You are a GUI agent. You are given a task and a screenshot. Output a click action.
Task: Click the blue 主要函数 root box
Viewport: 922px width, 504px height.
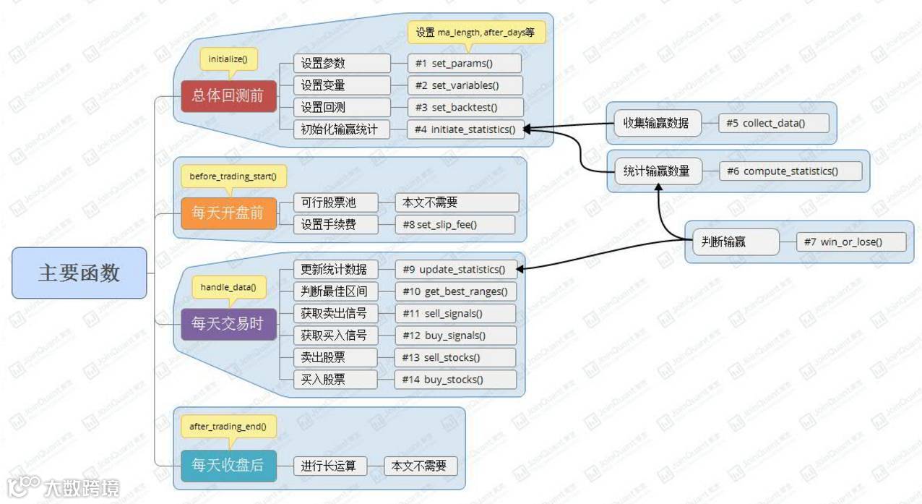(79, 273)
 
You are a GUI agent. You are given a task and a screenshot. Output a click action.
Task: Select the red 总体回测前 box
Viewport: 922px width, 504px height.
(228, 96)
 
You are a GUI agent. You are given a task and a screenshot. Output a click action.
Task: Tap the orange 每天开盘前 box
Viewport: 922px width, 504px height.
(228, 213)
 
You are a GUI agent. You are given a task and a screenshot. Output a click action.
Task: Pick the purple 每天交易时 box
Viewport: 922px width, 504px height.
(228, 323)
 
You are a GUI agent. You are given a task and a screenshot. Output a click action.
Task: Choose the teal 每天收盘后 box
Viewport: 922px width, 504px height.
(228, 465)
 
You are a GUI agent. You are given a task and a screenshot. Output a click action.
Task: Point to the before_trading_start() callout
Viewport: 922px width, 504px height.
(233, 176)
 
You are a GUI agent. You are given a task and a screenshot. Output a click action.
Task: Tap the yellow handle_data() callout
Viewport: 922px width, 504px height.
(228, 287)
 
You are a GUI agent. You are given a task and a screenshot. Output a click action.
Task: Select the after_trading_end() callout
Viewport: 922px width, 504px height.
(228, 427)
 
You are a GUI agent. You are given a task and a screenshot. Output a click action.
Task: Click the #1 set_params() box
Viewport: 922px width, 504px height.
(464, 64)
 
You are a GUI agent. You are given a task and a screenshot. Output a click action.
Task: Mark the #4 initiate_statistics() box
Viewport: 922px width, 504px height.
(465, 130)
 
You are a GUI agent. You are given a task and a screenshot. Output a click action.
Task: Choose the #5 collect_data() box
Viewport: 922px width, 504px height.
(772, 123)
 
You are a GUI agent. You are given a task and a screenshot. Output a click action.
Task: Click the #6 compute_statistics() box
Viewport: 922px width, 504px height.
(790, 171)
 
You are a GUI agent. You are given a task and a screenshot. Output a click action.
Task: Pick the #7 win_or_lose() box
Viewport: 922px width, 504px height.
(850, 242)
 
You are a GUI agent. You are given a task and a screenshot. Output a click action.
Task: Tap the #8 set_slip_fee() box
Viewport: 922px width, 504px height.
(454, 224)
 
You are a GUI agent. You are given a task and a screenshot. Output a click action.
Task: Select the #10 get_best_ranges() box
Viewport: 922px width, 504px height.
(455, 291)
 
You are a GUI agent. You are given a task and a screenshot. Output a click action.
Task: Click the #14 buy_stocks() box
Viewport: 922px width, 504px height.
(455, 380)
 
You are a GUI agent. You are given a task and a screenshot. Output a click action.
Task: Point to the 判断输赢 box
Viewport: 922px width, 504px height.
(732, 242)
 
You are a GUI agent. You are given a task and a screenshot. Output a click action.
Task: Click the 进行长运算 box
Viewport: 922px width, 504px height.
(334, 466)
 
